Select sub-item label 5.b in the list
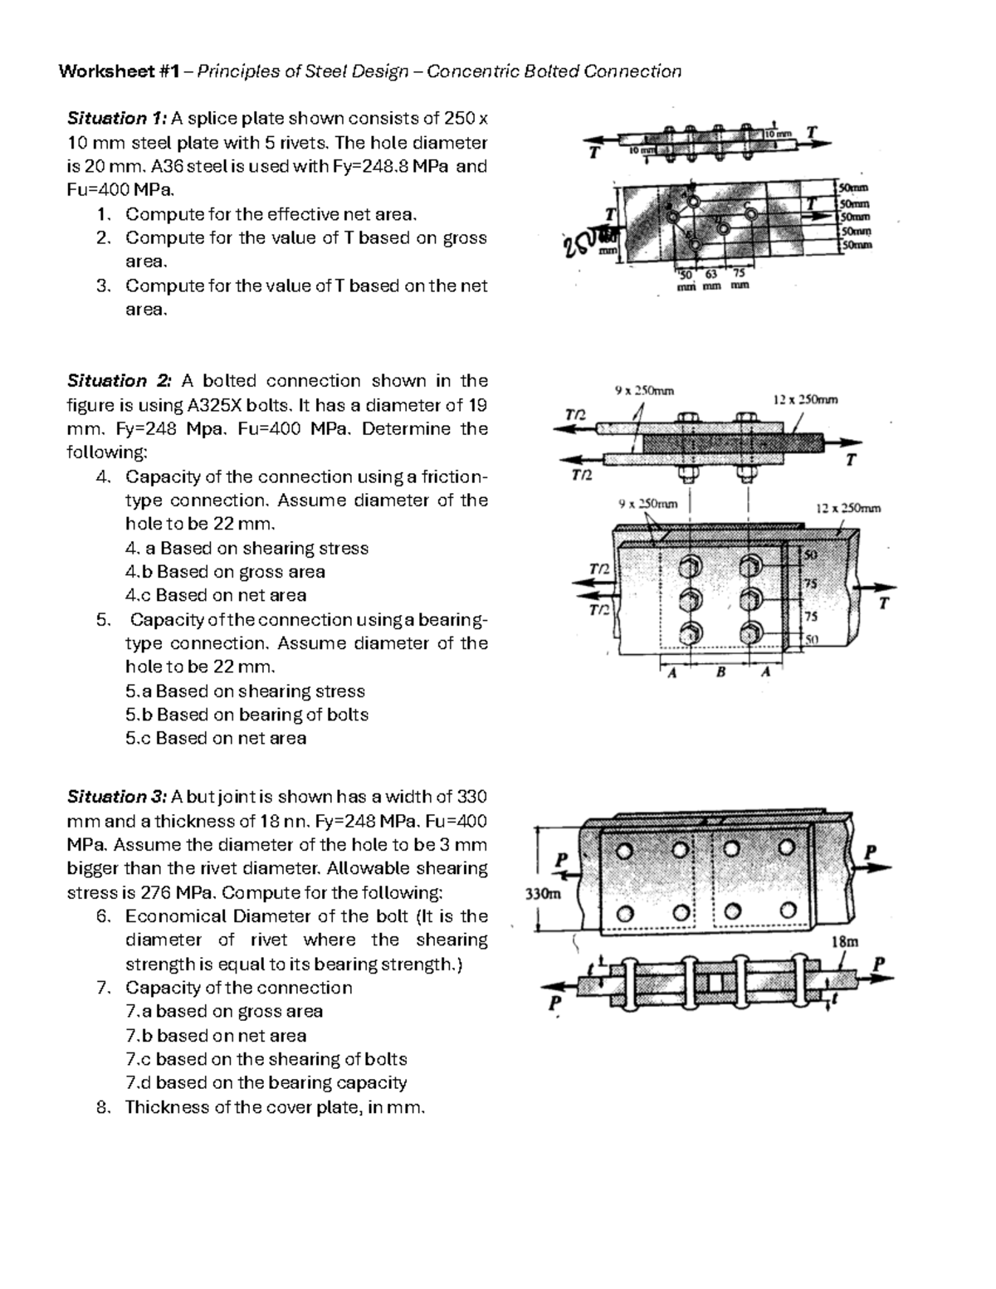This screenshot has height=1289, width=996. [x=138, y=715]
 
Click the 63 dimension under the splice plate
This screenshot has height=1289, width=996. [x=710, y=275]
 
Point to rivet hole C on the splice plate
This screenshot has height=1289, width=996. [x=751, y=213]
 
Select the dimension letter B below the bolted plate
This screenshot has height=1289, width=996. [x=720, y=673]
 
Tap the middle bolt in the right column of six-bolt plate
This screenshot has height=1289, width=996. [x=752, y=598]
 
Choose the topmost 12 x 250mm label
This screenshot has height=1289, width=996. [x=805, y=399]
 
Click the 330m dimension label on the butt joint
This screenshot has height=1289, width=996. [x=543, y=894]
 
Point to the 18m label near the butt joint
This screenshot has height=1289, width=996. [x=845, y=941]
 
